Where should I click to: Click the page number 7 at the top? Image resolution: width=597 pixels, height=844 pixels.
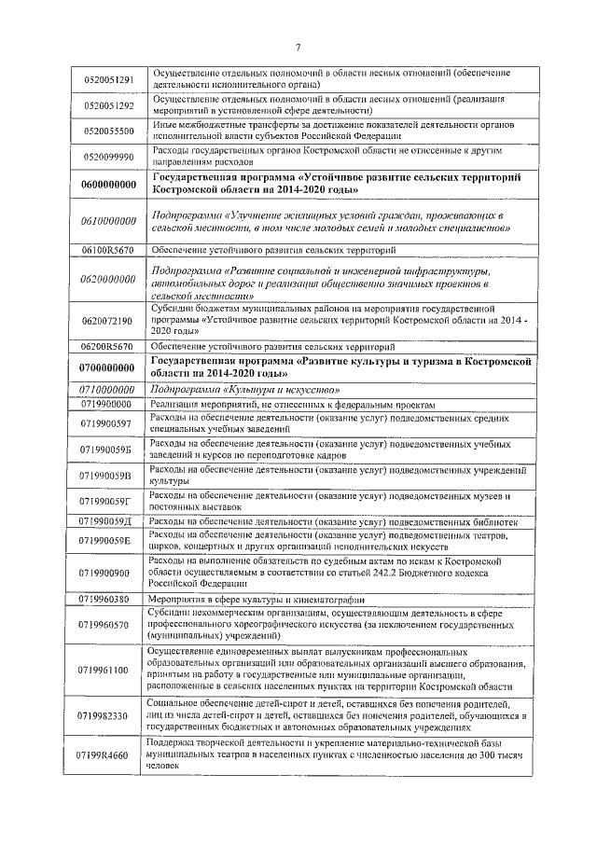298,48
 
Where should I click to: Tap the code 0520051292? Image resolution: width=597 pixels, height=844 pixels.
109,106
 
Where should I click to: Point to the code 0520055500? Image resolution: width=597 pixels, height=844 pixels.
109,131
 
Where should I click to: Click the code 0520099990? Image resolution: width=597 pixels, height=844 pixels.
109,157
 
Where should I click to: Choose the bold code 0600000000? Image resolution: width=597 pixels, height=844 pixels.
109,185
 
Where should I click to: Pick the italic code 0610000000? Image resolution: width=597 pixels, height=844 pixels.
109,221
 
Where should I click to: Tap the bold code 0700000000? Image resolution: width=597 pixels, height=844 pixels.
109,367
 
